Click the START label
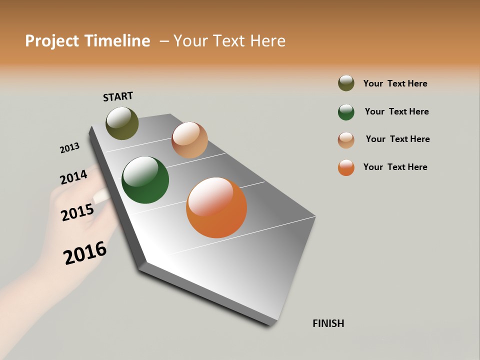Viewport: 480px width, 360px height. [118, 96]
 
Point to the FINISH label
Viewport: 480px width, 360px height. [328, 323]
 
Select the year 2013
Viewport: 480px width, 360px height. [69, 148]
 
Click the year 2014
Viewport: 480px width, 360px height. [73, 177]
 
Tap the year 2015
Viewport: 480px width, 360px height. [77, 212]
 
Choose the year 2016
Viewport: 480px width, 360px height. [85, 253]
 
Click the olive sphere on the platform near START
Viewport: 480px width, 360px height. [122, 123]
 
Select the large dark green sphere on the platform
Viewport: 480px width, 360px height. [145, 180]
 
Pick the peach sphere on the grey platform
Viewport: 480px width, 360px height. [189, 140]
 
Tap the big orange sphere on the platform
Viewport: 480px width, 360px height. [216, 207]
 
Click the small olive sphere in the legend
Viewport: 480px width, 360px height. [346, 83]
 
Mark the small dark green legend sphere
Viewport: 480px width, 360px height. [346, 112]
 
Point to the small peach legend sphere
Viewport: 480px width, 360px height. [346, 140]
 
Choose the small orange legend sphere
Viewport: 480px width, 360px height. [346, 167]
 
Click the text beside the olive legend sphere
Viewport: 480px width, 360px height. [395, 83]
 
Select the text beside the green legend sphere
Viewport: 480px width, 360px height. [396, 111]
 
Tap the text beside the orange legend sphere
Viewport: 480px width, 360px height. [395, 167]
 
